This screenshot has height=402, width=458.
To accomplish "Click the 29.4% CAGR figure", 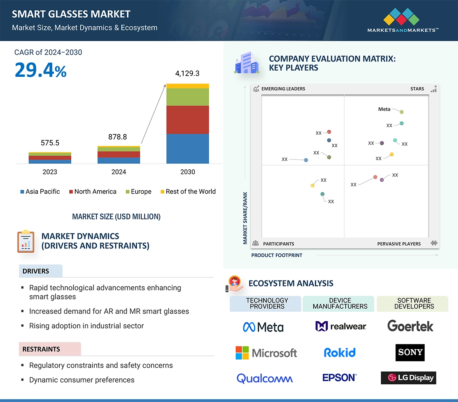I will (41, 70).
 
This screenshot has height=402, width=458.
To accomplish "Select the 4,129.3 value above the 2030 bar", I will (188, 73).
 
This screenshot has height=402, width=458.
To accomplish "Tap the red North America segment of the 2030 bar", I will (188, 120).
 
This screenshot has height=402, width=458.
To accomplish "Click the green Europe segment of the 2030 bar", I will (188, 97).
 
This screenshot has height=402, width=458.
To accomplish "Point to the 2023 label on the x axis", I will (50, 172).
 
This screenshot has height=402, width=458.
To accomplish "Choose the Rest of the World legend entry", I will (188, 192).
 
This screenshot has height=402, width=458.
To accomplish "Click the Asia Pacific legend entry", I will (40, 192).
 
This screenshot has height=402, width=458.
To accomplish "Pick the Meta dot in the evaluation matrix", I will (402, 112).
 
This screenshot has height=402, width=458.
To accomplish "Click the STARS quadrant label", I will (417, 89).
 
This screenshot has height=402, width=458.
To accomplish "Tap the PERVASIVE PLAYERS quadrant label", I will (399, 244).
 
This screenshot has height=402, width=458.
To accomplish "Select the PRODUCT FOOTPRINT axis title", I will (277, 255).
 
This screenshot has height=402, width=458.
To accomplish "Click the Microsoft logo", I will (266, 353).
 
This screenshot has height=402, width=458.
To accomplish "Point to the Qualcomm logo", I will (265, 378).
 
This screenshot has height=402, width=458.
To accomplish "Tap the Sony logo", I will (410, 352).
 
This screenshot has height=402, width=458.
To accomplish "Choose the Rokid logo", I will (339, 353).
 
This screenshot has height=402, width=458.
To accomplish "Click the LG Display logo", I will (408, 378).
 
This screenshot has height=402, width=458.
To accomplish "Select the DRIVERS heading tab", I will (36, 271).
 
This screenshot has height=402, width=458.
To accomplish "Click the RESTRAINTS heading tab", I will (41, 349).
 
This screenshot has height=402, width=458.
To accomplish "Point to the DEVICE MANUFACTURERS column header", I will (340, 304).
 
